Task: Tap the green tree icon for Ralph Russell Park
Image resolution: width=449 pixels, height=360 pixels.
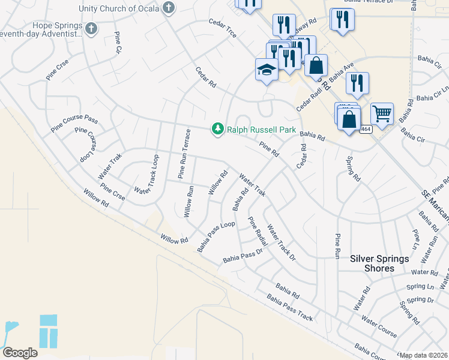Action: (x=217, y=129)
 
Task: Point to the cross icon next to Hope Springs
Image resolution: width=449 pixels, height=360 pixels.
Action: (x=91, y=28)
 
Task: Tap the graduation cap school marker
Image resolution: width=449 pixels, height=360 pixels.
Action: (x=266, y=71)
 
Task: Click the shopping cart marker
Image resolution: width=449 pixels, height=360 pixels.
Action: (x=381, y=112)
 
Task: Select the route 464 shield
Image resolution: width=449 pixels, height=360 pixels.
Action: (x=366, y=129)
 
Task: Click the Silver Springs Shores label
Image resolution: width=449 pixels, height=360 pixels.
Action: (x=379, y=263)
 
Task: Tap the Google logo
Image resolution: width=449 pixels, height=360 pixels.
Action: (x=20, y=353)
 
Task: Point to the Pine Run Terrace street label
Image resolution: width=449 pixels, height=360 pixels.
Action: (x=184, y=154)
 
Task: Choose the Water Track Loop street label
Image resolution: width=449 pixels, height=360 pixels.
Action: (x=147, y=175)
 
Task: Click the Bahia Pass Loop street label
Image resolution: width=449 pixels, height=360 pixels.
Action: (x=215, y=236)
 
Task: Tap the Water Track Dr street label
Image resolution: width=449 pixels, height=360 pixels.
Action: (x=281, y=242)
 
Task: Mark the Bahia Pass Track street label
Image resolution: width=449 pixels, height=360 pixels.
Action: (x=290, y=308)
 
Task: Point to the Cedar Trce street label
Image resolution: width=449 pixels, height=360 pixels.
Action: (x=222, y=28)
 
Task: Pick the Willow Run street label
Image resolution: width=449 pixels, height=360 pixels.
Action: (x=188, y=202)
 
